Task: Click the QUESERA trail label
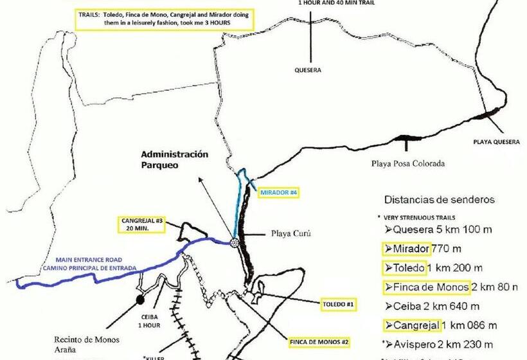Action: (307, 70)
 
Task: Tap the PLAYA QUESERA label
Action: (496, 141)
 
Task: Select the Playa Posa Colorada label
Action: (407, 163)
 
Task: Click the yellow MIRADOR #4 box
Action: (278, 192)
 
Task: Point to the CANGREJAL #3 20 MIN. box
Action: (142, 224)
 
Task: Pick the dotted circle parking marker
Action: (234, 242)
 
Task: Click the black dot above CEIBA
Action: (140, 299)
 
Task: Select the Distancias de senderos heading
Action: (440, 200)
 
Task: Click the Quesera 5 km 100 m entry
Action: (437, 230)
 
